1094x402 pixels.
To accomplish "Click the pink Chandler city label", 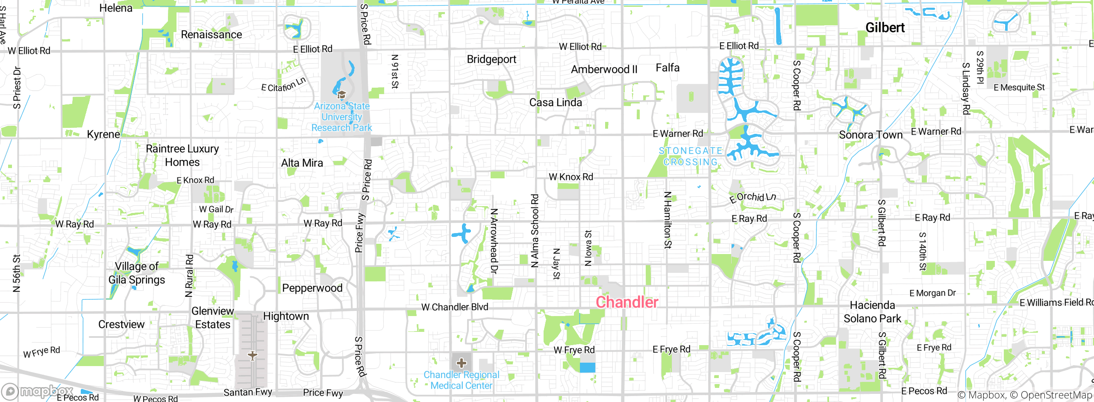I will tap(627, 302).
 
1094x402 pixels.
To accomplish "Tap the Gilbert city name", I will tap(885, 27).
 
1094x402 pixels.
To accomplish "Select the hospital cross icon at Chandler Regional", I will tap(462, 363).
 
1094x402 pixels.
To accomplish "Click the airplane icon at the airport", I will tap(253, 355).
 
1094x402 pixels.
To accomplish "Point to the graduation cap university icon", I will tap(341, 95).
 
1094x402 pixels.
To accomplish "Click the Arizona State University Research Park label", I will tap(341, 117).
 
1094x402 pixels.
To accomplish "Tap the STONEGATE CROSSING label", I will tap(690, 157).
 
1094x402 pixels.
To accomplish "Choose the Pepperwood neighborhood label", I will tap(312, 288).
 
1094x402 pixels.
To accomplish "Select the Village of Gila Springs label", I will tap(137, 273).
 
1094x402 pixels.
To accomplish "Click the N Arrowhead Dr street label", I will tap(494, 241).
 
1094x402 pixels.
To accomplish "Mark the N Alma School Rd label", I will tap(535, 231).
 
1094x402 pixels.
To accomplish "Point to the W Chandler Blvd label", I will tap(455, 307).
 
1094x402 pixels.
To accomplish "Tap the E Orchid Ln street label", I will tap(753, 197).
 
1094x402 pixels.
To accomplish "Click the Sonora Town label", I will tap(870, 135).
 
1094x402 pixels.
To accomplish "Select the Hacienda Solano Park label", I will tap(872, 312).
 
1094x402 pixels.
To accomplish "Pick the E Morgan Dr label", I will tap(932, 293).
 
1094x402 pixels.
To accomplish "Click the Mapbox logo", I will tap(38, 391).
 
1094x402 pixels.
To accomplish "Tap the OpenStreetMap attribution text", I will tap(1056, 395).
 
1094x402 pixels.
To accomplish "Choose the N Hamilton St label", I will tap(668, 220).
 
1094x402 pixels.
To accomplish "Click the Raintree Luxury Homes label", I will tap(182, 155).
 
